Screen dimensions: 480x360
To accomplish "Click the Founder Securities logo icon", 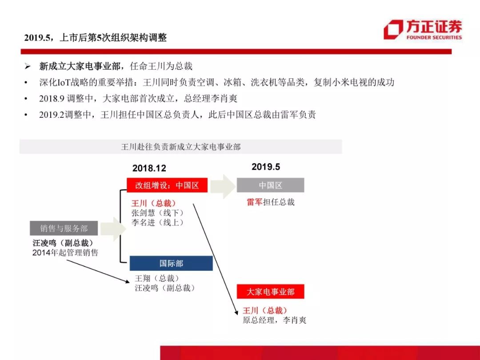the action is (393, 30).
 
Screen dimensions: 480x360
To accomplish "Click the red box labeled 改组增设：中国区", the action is (167, 185).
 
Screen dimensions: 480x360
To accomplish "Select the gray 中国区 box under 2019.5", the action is (270, 185).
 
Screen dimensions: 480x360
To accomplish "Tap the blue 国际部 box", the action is (171, 263).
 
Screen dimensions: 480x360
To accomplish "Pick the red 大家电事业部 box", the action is (270, 292).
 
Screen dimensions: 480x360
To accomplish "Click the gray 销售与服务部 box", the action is (64, 228).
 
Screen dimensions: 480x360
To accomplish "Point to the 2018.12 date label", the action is (149, 168).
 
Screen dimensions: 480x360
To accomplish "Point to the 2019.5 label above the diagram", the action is (266, 167).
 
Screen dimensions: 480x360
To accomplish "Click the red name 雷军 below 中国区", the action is (255, 202).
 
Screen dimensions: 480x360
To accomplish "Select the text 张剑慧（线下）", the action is (158, 213).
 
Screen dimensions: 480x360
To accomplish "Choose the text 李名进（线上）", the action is (158, 222).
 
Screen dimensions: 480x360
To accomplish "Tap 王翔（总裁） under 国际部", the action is (157, 278).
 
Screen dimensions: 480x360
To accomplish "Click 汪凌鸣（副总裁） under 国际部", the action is (165, 288).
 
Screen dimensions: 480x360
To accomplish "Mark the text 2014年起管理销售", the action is (65, 252).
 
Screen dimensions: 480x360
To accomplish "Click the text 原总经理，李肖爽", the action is (274, 320).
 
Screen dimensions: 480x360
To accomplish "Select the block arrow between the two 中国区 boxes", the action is (223, 186).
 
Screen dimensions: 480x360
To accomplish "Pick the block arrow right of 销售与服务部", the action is (113, 229).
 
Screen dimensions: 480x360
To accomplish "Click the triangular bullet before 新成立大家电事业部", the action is (28, 66).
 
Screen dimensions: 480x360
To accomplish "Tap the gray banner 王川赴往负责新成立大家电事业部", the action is (180, 147).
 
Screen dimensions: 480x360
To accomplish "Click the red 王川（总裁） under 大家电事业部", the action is (265, 310).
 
